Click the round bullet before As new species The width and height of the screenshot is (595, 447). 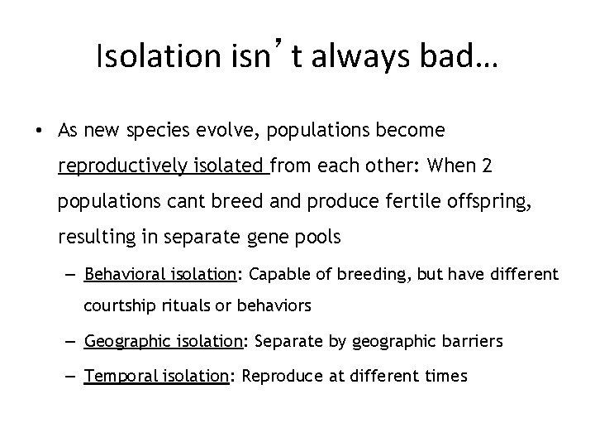tap(40, 132)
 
